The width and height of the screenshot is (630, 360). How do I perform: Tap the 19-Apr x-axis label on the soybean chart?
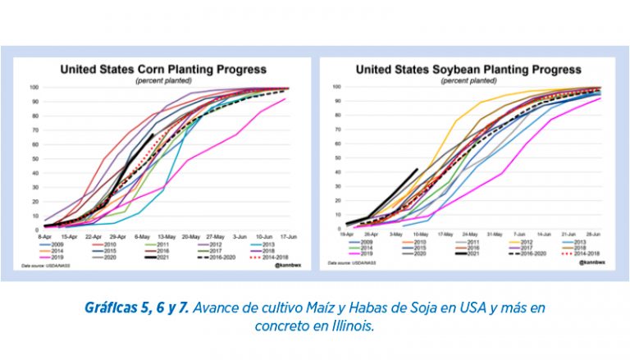348,235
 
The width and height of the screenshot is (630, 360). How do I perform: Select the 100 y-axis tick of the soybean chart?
337,86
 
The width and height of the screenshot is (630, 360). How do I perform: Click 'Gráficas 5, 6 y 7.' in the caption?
135,307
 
